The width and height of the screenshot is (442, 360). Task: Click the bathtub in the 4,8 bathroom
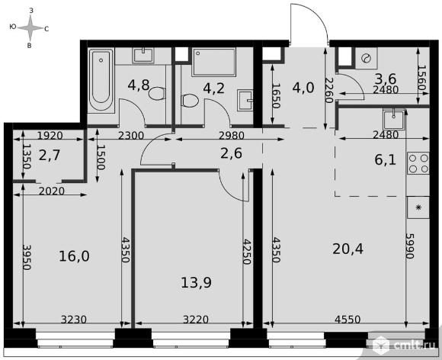pyautogui.click(x=101, y=80)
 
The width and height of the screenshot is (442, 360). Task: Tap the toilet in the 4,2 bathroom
pyautogui.click(x=190, y=101)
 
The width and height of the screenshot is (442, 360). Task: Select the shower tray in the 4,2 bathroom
pyautogui.click(x=213, y=62)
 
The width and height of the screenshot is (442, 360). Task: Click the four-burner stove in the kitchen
pyautogui.click(x=418, y=162)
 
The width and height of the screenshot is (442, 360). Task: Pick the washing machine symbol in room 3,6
pyautogui.click(x=366, y=59)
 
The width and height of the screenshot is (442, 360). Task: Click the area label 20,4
pyautogui.click(x=348, y=249)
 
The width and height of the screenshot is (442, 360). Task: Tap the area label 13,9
pyautogui.click(x=196, y=283)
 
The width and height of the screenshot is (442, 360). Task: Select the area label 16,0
pyautogui.click(x=74, y=256)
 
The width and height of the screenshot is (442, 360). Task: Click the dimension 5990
pyautogui.click(x=409, y=246)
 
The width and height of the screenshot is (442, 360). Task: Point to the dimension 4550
pyautogui.click(x=348, y=320)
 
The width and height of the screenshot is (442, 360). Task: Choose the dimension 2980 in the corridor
pyautogui.click(x=232, y=136)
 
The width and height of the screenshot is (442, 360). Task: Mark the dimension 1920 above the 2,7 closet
pyautogui.click(x=50, y=136)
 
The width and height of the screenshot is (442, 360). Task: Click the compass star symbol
pyautogui.click(x=31, y=27)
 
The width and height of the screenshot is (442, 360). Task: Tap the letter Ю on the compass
pyautogui.click(x=12, y=27)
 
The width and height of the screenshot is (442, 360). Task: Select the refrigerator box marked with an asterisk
pyautogui.click(x=418, y=207)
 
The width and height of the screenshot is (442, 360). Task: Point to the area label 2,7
pyautogui.click(x=50, y=155)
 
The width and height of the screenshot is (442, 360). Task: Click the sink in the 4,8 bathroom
pyautogui.click(x=143, y=55)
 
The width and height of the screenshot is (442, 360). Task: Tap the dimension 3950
pyautogui.click(x=26, y=257)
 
